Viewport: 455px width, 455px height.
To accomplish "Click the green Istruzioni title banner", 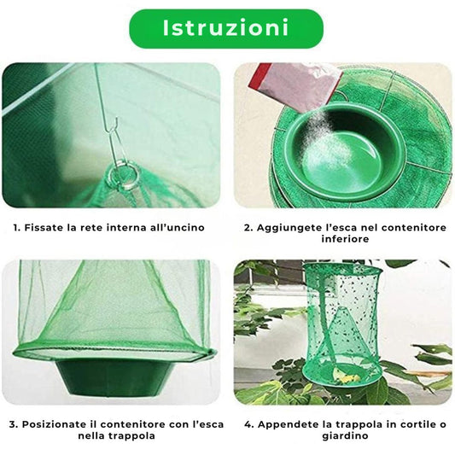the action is coord(226,28).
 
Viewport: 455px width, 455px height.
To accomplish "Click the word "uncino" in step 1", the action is coord(188,227).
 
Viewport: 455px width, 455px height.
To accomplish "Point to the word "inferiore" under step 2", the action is coord(345,239).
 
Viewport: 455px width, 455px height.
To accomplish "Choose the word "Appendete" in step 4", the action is coord(287,424).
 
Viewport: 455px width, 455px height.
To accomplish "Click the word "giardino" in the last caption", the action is coord(345,436).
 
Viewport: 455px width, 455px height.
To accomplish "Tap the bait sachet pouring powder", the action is coord(295,87).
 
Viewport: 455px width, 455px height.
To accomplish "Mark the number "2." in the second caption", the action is coord(248,228).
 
